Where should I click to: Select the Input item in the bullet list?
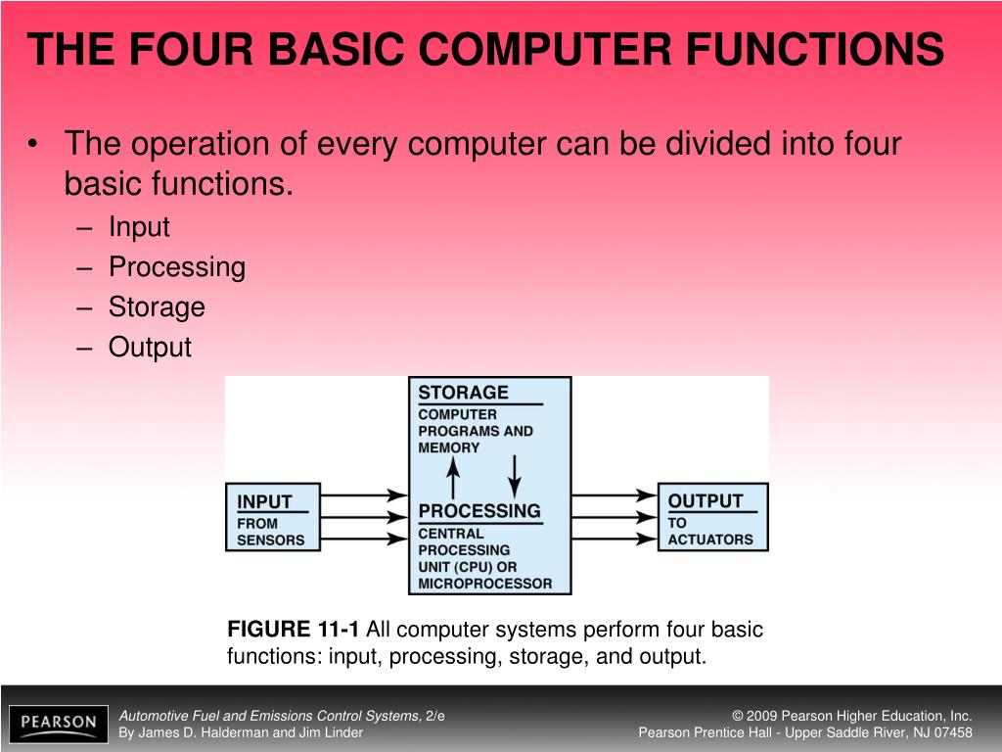(139, 227)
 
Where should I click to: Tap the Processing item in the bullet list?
(176, 267)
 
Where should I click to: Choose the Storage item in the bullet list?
(157, 307)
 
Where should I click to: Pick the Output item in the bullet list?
(150, 348)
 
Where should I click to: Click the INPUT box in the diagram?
(273, 517)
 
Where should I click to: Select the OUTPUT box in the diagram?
(711, 516)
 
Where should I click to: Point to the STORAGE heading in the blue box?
(463, 393)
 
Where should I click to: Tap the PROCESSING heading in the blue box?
(478, 510)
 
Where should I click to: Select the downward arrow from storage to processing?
(516, 476)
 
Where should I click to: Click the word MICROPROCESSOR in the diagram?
(484, 584)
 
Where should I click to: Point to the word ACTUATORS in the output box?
(710, 540)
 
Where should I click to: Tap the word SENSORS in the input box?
(271, 540)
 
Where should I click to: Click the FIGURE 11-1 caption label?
(293, 630)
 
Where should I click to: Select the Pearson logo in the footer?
(58, 724)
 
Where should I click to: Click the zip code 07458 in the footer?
(952, 732)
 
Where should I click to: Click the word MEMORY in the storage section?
(449, 447)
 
